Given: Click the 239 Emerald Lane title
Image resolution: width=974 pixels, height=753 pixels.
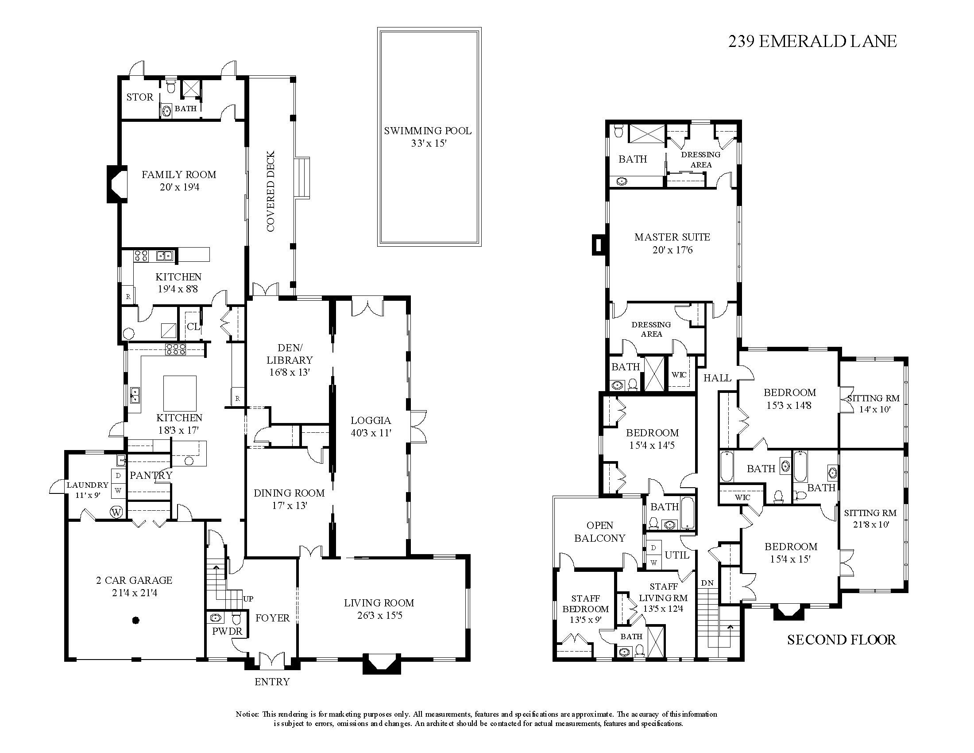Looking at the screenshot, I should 812,42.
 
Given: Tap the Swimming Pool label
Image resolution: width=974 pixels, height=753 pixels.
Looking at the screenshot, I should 428,131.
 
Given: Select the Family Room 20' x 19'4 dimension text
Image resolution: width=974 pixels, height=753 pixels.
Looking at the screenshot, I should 179,187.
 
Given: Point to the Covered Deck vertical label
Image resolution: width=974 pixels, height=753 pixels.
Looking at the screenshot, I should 271,192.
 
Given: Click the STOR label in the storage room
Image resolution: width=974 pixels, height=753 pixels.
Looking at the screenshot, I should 139,97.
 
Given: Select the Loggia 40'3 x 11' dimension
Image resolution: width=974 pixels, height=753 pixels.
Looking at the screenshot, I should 371,432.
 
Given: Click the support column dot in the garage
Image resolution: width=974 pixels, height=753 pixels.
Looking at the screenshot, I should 136,620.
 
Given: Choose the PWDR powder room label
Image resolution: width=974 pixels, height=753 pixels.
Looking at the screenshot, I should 227,631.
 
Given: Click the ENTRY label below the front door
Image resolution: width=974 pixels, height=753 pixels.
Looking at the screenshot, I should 272,682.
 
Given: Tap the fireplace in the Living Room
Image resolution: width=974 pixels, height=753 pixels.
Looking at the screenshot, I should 382,664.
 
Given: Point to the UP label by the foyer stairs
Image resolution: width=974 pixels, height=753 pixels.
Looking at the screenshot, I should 248,599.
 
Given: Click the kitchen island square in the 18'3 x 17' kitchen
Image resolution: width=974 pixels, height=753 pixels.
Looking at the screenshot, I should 179,393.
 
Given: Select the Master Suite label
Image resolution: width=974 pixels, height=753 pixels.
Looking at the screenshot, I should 672,237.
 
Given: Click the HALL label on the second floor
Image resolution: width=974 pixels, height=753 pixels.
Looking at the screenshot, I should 717,378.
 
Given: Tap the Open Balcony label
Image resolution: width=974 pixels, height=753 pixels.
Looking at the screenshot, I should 600,532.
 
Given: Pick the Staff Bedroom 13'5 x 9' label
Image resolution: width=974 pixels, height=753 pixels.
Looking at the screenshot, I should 586,609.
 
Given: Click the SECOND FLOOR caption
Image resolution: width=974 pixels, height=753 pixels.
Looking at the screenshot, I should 841,640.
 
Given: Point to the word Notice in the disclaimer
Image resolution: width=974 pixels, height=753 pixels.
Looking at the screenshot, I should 247,714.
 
